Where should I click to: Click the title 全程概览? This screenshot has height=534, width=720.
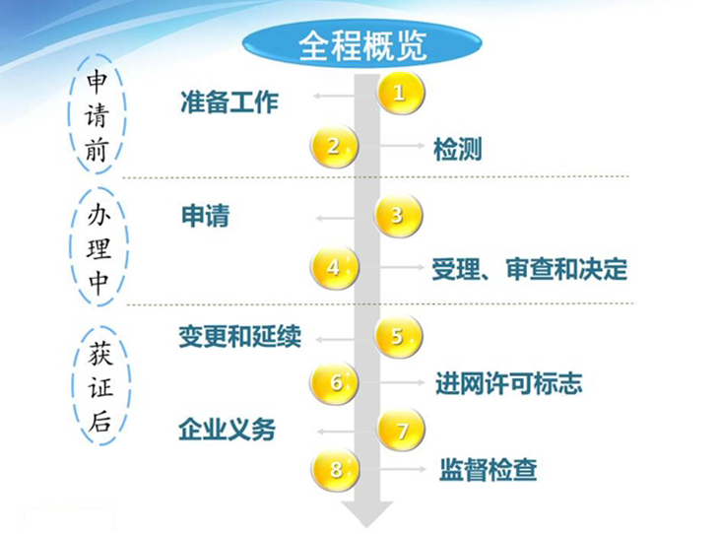(x=362, y=46)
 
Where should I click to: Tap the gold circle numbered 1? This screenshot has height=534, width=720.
(x=401, y=93)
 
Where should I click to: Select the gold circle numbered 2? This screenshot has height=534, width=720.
(x=334, y=146)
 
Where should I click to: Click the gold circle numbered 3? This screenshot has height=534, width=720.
(x=398, y=216)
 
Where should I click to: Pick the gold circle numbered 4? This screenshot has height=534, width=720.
(x=334, y=267)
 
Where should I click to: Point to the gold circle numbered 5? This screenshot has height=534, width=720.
(x=398, y=337)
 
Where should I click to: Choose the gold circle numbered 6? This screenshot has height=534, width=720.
(x=334, y=382)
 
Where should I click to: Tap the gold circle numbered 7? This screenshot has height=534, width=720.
(x=401, y=431)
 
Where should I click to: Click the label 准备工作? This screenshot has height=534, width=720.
(x=229, y=101)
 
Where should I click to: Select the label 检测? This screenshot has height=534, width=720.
(x=457, y=150)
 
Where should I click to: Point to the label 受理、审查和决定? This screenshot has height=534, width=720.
(x=530, y=270)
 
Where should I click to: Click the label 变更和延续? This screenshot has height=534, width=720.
(x=239, y=336)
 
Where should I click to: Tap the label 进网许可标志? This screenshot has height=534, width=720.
(x=509, y=383)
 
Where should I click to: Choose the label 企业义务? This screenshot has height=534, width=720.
(x=228, y=430)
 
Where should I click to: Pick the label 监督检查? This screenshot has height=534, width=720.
(x=489, y=470)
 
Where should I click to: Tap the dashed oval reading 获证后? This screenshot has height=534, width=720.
(x=74, y=385)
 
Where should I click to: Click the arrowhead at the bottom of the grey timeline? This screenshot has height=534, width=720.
(x=366, y=513)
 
